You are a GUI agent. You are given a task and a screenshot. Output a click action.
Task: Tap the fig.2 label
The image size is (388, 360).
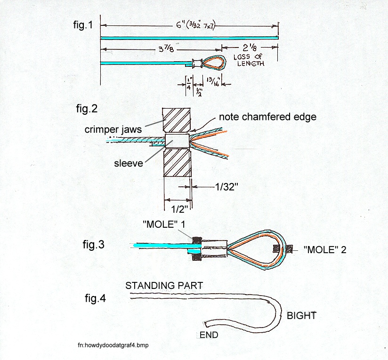coord(87,109)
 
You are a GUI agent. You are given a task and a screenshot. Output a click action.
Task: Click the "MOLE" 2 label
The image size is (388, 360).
coord(325,250)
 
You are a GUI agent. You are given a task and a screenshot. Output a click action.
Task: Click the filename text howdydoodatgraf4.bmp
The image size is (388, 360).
coord(117,345)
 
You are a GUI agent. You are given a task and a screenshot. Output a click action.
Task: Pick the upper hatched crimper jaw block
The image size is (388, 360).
coord(176,120)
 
